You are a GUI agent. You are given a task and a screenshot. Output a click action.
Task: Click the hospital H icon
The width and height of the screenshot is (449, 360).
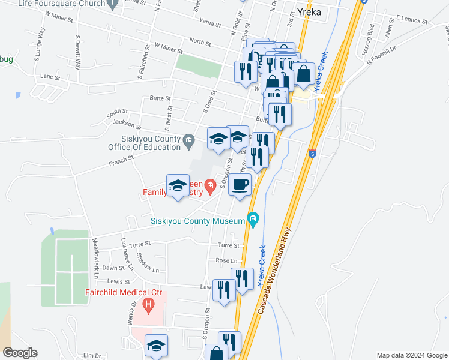coord(149,306)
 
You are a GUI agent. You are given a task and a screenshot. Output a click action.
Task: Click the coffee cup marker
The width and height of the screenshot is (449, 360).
coord(240,185)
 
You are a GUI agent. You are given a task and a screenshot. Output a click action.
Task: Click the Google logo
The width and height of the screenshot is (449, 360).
coord(20,353)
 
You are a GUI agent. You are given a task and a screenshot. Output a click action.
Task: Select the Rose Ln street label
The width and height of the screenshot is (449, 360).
coord(227,261)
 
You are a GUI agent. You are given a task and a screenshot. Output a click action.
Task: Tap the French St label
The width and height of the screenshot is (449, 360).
coord(121,160)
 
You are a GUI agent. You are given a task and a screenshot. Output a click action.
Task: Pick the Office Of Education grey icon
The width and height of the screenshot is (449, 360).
coord(189,142)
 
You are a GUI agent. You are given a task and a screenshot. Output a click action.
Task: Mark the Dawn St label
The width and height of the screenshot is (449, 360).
coord(112,268)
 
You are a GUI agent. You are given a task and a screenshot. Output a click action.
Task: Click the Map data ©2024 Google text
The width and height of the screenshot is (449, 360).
coord(411,355)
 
